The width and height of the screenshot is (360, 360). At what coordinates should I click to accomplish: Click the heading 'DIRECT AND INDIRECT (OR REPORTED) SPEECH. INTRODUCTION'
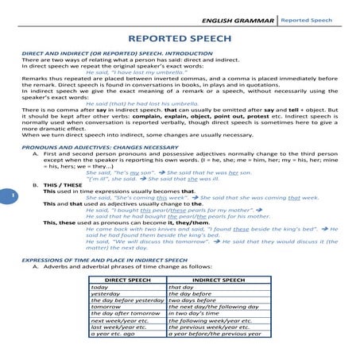point(111,53)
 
